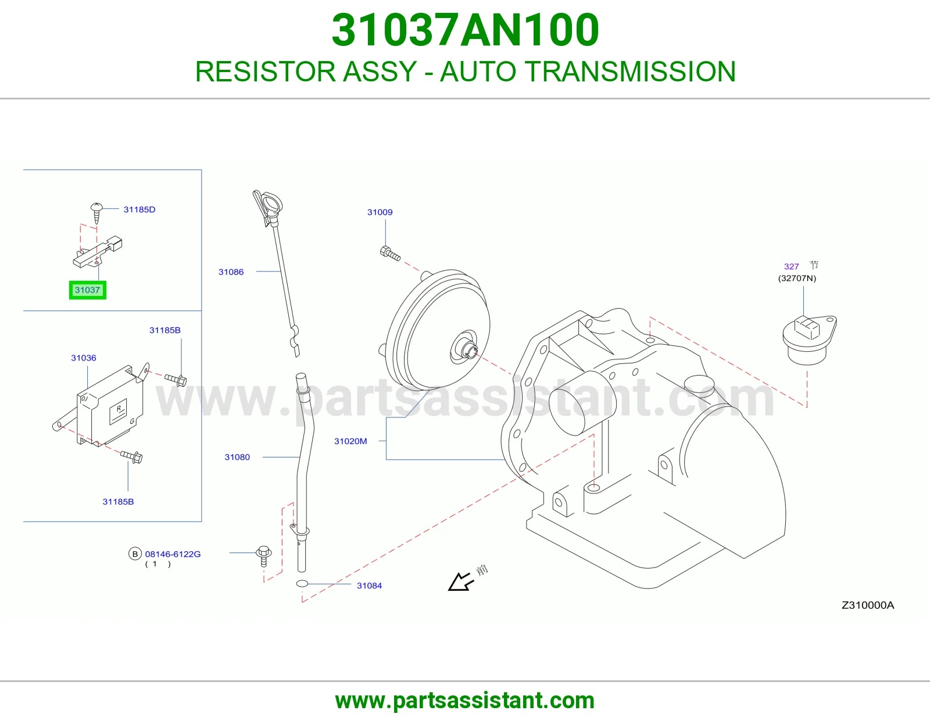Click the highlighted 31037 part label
click(x=87, y=290)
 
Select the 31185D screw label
click(x=139, y=209)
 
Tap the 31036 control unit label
click(x=84, y=358)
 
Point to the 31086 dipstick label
click(x=231, y=272)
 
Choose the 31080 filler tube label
click(x=237, y=457)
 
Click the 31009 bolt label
click(x=380, y=212)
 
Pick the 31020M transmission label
click(x=350, y=441)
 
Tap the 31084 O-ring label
click(x=369, y=586)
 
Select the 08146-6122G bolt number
click(x=173, y=554)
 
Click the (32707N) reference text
click(x=797, y=279)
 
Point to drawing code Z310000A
click(x=868, y=605)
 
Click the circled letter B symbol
click(x=135, y=554)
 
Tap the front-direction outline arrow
click(x=460, y=582)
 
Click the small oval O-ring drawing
click(x=302, y=583)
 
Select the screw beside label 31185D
click(x=96, y=213)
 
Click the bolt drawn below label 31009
click(x=390, y=254)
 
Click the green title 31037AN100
click(x=465, y=30)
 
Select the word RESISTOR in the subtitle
click(x=265, y=72)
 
